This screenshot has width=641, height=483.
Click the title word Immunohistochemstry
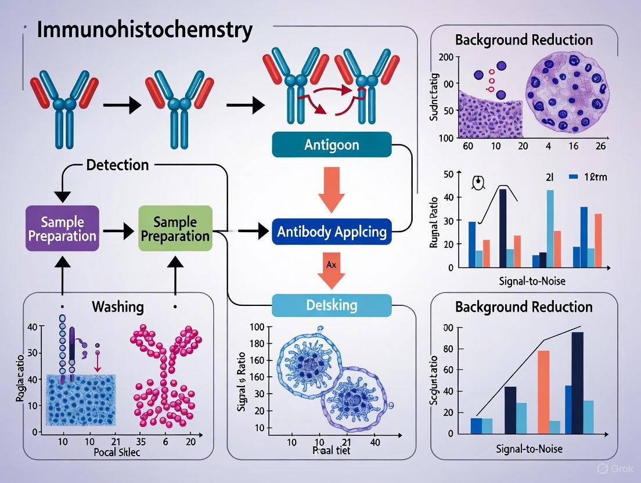pyautogui.click(x=144, y=30)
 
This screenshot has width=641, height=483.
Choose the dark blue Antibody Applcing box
pyautogui.click(x=332, y=231)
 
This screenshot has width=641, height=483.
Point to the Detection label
pyautogui.click(x=117, y=165)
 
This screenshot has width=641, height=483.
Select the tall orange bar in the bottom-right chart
pyautogui.click(x=543, y=391)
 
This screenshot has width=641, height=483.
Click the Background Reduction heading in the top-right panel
pyautogui.click(x=524, y=39)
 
